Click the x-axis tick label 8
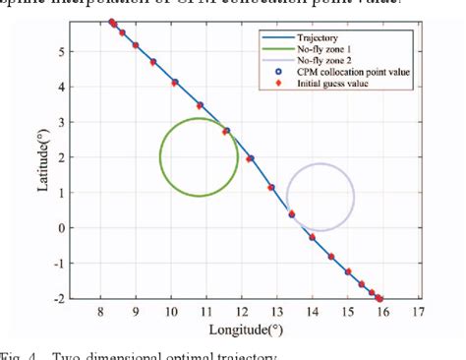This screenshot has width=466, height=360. pyautogui.click(x=100, y=313)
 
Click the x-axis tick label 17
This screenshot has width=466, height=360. pyautogui.click(x=418, y=313)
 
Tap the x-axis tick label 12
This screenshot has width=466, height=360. pyautogui.click(x=242, y=313)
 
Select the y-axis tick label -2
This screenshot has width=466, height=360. pyautogui.click(x=87, y=298)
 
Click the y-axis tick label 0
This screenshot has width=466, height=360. pyautogui.click(x=89, y=228)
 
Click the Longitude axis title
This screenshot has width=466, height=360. pyautogui.click(x=260, y=330)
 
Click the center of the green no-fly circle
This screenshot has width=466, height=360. pyautogui.click(x=199, y=157)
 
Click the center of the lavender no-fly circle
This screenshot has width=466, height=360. pyautogui.click(x=320, y=198)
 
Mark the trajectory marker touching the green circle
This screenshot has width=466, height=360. pyautogui.click(x=226, y=131)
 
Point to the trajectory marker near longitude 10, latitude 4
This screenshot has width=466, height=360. pyautogui.click(x=174, y=83)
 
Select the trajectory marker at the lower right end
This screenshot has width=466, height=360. pyautogui.click(x=379, y=298)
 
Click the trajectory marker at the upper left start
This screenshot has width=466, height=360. pyautogui.click(x=112, y=22)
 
